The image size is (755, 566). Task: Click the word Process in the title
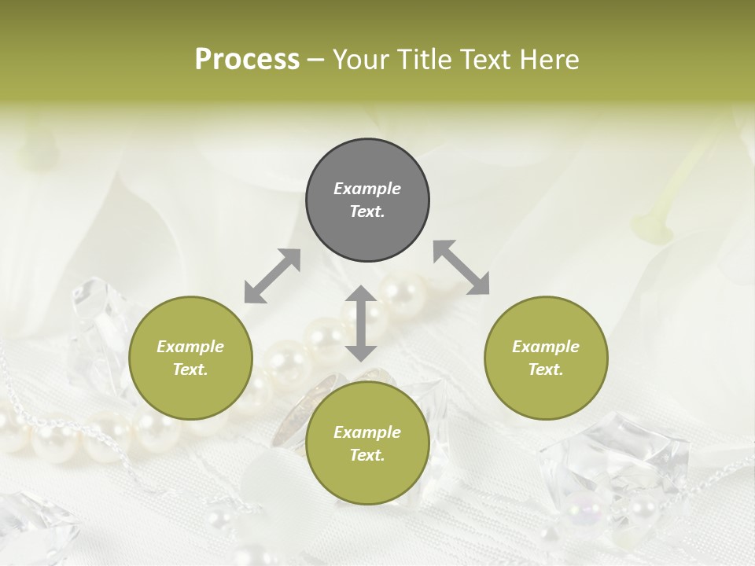coord(247,60)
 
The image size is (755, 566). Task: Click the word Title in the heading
coord(425,60)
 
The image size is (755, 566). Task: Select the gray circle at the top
coord(367,200)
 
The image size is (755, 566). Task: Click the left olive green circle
coord(190,358)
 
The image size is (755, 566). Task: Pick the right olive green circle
coord(546,358)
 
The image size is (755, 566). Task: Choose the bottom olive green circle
coord(367,444)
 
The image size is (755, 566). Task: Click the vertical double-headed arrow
coord(361,323)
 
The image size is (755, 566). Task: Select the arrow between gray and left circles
coord(272,276)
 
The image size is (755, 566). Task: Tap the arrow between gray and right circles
coord(461,268)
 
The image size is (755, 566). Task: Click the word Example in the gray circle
coord(367,189)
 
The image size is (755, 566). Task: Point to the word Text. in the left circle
coord(190,370)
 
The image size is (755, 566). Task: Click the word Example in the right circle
coord(546,347)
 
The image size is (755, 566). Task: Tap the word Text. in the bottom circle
coord(367,456)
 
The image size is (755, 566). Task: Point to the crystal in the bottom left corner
coord(35,527)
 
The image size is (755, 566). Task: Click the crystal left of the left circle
coord(98,314)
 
